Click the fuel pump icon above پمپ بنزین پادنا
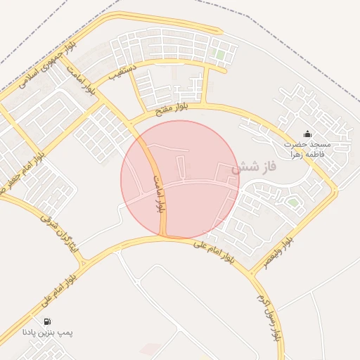[47, 321]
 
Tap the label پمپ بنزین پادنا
[47, 332]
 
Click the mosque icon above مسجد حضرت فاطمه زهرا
[307, 134]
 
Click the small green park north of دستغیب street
[220, 54]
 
